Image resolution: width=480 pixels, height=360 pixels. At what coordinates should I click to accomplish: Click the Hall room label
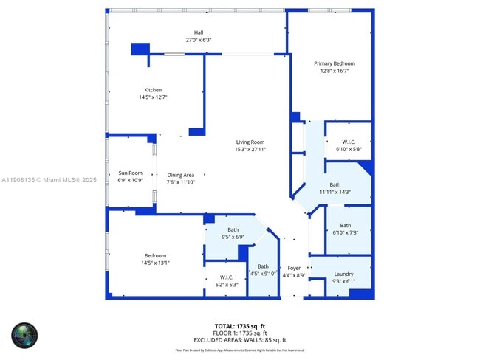[198, 32]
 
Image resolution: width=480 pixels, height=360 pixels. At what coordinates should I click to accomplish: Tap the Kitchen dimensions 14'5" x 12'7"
[153, 97]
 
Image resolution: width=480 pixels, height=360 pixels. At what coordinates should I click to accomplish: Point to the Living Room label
[250, 142]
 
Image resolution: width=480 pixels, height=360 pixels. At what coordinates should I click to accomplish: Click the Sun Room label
[130, 173]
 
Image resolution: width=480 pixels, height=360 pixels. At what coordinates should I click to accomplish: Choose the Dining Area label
[180, 175]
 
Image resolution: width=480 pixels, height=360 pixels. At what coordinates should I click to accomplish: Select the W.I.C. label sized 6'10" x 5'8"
[349, 142]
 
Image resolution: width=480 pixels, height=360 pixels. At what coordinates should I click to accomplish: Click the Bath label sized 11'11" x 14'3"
[335, 184]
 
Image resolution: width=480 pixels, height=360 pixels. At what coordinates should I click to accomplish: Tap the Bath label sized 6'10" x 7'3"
[345, 226]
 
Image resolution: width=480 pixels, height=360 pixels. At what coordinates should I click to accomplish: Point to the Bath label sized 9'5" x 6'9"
[233, 229]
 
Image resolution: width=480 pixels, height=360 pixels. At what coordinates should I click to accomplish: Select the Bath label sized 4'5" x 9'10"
[263, 266]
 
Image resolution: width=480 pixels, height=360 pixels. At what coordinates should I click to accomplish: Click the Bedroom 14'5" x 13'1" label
[154, 255]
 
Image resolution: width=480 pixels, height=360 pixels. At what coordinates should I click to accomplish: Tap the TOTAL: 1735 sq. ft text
[240, 325]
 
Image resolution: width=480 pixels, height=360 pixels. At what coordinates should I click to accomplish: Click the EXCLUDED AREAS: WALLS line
[240, 339]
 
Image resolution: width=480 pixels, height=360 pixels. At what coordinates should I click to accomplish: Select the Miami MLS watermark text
[49, 179]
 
